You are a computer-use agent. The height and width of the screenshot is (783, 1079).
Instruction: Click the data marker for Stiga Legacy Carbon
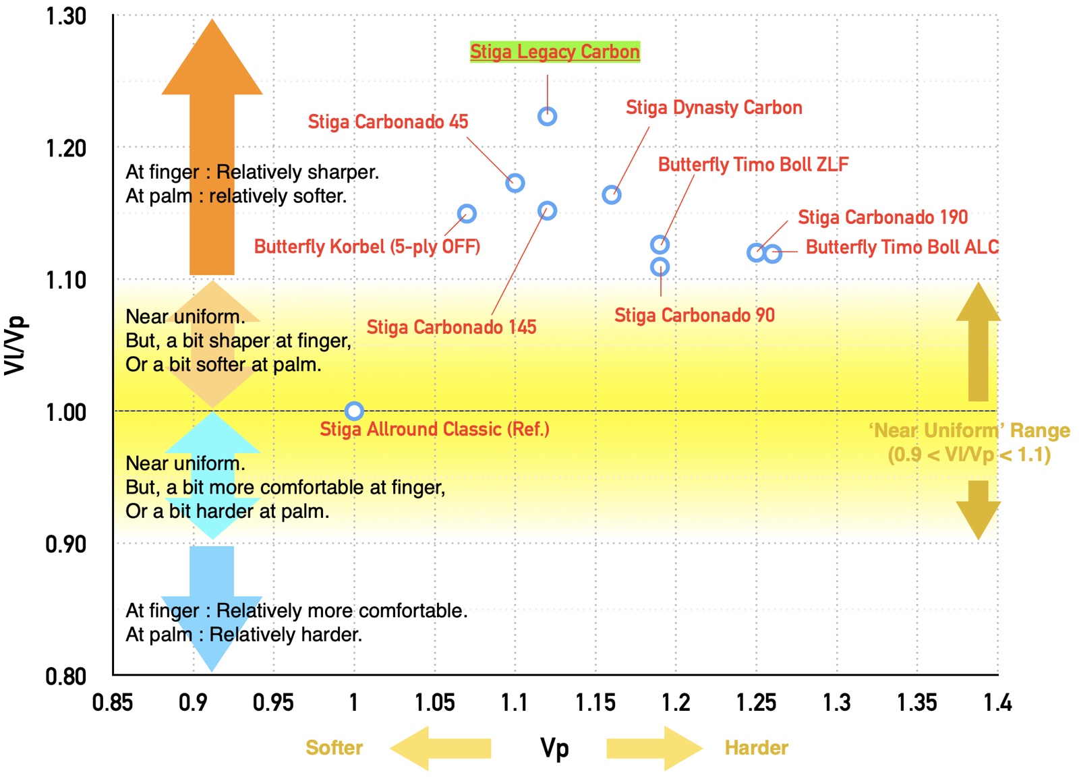coord(547,117)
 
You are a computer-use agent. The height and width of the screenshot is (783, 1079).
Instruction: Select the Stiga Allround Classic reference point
coord(354,411)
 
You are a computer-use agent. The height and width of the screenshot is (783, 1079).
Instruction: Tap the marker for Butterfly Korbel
coord(467,214)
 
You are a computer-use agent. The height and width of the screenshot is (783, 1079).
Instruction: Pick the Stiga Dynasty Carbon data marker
coord(611,195)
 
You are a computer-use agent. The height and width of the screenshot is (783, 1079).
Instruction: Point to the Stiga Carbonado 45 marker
coord(515,183)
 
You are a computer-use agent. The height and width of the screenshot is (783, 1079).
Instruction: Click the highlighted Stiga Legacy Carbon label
coord(554,52)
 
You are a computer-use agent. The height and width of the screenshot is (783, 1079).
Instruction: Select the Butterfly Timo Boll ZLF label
coord(753,165)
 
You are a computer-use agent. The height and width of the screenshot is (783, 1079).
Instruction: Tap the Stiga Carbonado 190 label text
coord(882,217)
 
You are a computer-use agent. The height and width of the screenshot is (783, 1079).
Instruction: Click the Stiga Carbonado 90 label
coord(694,315)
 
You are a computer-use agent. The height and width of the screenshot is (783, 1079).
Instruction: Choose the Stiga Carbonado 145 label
coord(451,327)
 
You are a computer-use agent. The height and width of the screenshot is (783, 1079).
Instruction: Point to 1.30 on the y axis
coord(65,16)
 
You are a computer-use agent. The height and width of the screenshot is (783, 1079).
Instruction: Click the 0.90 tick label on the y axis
coord(65,544)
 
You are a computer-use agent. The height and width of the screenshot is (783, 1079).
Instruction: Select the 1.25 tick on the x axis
coord(756,703)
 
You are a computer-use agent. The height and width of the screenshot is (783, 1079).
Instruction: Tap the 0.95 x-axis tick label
coord(273,703)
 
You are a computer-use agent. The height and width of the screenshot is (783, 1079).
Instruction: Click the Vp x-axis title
coord(554,748)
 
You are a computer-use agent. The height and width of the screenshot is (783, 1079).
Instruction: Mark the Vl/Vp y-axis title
coord(15,345)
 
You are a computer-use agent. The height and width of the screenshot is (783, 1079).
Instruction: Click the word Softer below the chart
coord(334,748)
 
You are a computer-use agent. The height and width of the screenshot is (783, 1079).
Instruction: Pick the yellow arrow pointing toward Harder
coord(653,748)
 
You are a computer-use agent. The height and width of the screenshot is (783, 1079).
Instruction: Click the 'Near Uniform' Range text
coord(968,430)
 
